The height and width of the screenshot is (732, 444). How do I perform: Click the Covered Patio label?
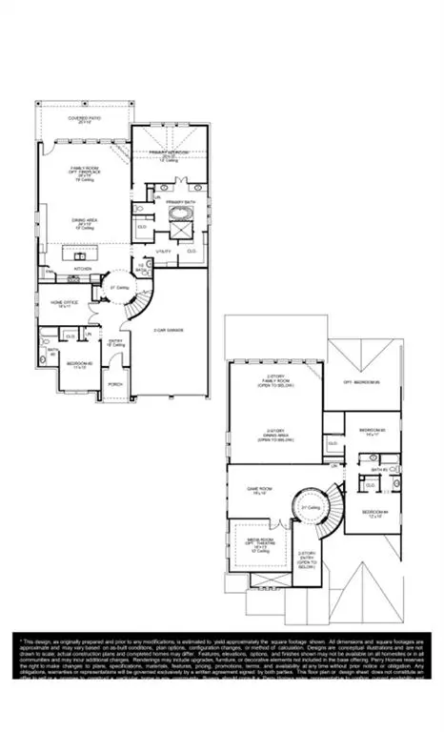click(x=84, y=119)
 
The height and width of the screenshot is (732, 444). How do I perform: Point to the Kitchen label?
click(x=85, y=268)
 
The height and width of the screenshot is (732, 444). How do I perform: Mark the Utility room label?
click(x=163, y=250)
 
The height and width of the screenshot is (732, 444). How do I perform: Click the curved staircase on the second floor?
click(x=314, y=519)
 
